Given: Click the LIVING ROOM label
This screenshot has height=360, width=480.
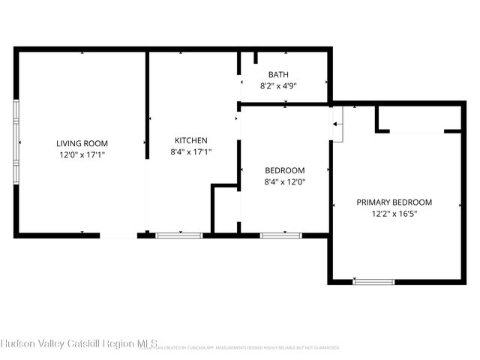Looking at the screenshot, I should point(82,143).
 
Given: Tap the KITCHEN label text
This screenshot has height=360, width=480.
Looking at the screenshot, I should point(191,140).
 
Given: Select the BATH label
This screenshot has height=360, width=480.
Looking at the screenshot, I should point(279,74).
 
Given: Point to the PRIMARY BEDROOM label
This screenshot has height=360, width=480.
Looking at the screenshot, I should point(394,202).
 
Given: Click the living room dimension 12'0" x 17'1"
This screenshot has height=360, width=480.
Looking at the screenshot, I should point(82,154).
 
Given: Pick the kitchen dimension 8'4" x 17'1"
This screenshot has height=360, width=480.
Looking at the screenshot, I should point(191,151).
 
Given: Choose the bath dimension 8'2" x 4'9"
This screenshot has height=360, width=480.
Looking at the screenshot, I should point(279,85).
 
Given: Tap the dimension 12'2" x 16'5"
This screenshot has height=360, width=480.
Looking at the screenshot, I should point(394,214).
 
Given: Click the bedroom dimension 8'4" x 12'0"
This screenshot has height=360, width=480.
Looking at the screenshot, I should point(284,181).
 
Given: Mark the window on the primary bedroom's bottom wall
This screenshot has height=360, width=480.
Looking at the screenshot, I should point(373,281).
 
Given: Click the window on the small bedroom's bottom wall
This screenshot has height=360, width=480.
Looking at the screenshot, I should point(280,235).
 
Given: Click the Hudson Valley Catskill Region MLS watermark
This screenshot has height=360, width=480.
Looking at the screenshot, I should point(78,343).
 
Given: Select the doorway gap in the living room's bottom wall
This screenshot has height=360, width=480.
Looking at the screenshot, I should point(118,235).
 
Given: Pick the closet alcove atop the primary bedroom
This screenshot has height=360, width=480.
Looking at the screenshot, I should point(418,119).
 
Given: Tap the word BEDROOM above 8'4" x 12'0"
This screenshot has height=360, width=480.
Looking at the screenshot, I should point(284,169).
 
